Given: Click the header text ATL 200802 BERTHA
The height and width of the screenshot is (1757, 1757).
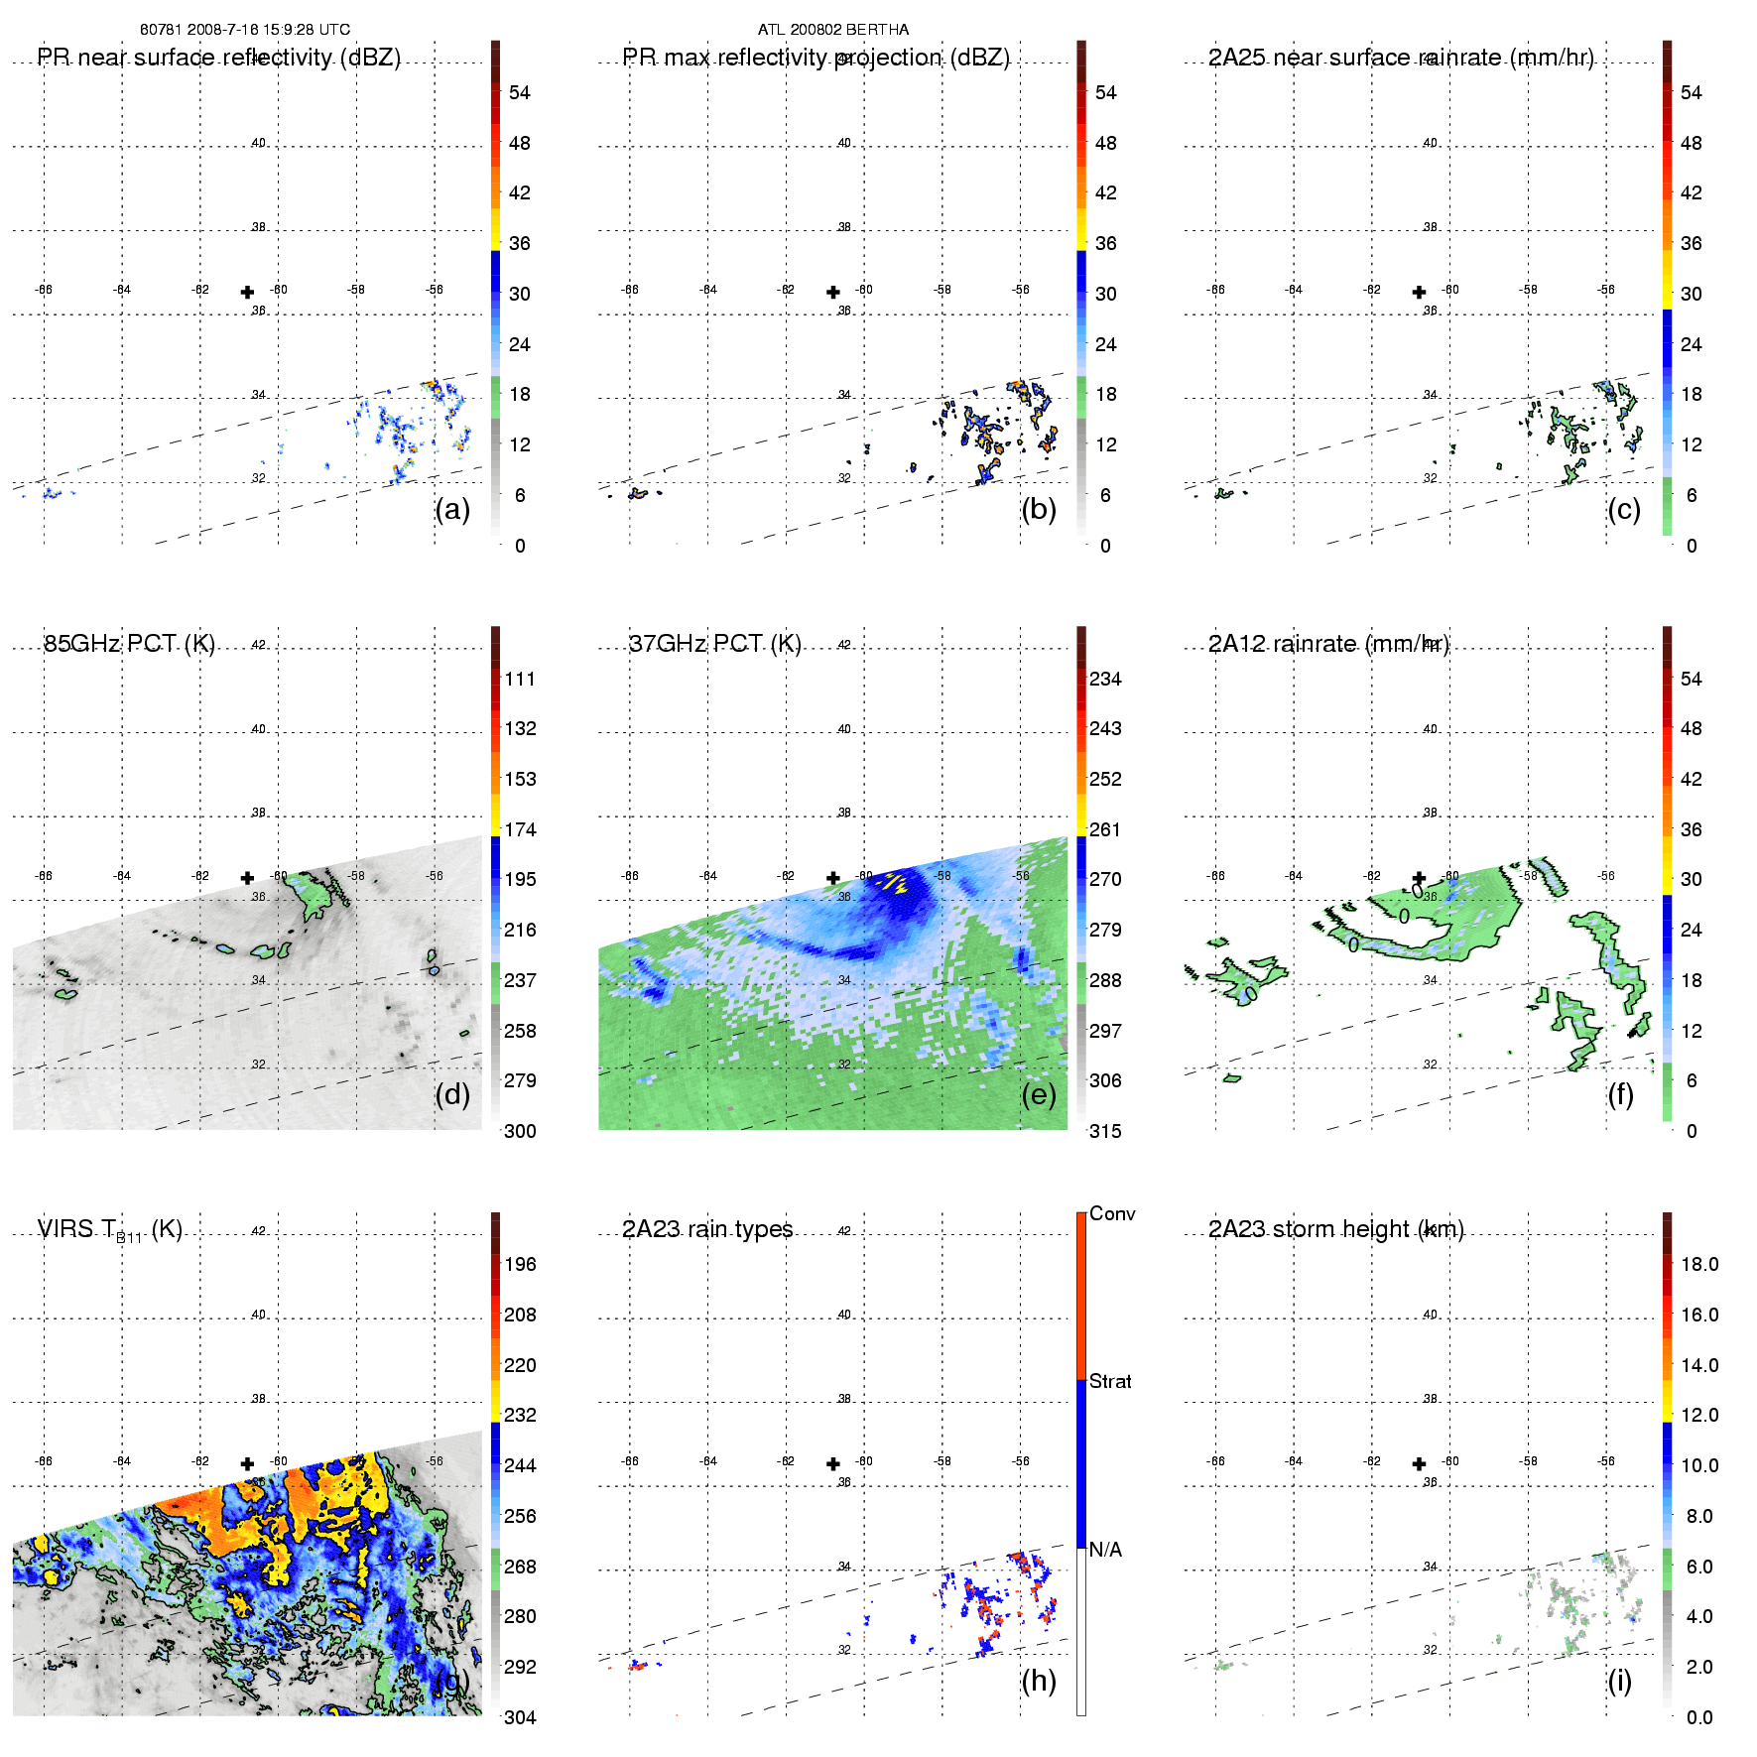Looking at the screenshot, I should pyautogui.click(x=832, y=30).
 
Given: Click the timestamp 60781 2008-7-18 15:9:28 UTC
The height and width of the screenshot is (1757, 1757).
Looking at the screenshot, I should pyautogui.click(x=245, y=30).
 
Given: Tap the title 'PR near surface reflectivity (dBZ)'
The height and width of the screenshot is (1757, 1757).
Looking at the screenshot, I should pyautogui.click(x=219, y=58).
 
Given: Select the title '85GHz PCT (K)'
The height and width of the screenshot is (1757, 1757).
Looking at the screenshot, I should pyautogui.click(x=129, y=644).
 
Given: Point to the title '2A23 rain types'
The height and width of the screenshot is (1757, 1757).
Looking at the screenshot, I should pyautogui.click(x=707, y=1229).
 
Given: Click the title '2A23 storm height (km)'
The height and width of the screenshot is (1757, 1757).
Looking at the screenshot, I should pyautogui.click(x=1335, y=1229).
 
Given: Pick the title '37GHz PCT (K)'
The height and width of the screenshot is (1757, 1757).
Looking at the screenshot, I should pyautogui.click(x=714, y=644).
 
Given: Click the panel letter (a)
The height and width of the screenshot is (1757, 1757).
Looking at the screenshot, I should pyautogui.click(x=452, y=509).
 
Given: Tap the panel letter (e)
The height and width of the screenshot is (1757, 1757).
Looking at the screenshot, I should pyautogui.click(x=1039, y=1094).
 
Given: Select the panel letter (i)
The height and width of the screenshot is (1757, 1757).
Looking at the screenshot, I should pyautogui.click(x=1619, y=1681).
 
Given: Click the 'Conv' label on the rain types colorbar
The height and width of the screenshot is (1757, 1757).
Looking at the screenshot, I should pyautogui.click(x=1112, y=1213).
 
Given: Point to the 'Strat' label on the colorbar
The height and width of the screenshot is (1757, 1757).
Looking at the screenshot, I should pyautogui.click(x=1110, y=1381).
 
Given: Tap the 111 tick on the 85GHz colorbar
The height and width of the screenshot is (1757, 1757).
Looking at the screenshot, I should pyautogui.click(x=520, y=679).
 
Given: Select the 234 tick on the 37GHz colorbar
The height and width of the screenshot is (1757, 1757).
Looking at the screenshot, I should pyautogui.click(x=1105, y=679).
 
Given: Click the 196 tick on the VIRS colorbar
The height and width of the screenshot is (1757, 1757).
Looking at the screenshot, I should pyautogui.click(x=520, y=1264).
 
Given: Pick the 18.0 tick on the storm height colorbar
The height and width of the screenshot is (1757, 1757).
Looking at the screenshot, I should pyautogui.click(x=1699, y=1264).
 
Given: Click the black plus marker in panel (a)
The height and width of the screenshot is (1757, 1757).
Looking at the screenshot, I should pyautogui.click(x=247, y=292).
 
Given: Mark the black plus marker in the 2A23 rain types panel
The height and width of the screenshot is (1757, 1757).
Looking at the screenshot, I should pyautogui.click(x=833, y=1463).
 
